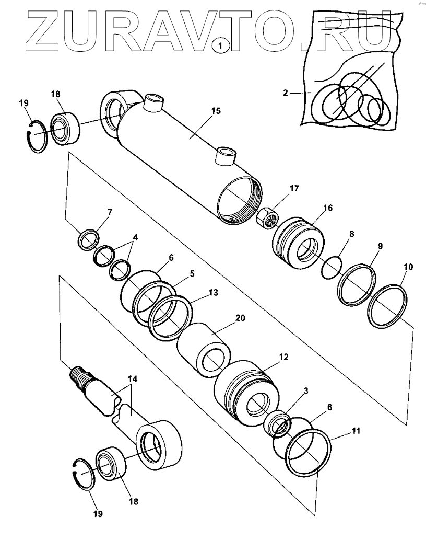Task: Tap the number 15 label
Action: pyautogui.click(x=216, y=111)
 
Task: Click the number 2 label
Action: pyautogui.click(x=285, y=93)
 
